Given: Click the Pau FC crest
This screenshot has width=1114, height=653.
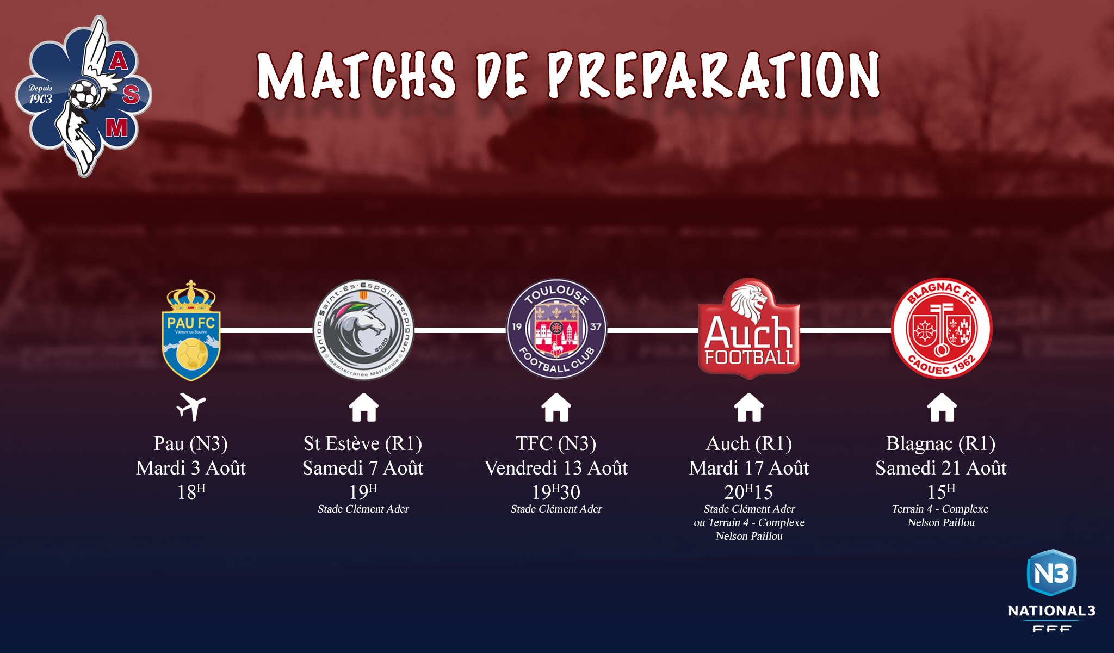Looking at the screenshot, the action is tap(191, 330).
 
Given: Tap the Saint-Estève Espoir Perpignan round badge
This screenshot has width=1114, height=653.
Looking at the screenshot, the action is tap(363, 330).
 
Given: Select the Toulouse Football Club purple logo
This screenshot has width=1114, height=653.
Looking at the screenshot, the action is tap(556, 329).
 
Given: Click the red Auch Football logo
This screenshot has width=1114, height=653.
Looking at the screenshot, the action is tap(749, 329).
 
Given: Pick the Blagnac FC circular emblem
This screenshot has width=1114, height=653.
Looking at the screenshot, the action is tap(942, 329).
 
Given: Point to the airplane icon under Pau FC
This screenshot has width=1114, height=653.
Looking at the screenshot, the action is tap(191, 407).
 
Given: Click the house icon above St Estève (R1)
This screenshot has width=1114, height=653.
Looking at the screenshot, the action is tap(363, 408).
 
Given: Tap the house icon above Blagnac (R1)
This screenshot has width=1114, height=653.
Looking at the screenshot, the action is tap(942, 408).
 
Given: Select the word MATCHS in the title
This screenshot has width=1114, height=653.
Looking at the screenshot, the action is tap(356, 76).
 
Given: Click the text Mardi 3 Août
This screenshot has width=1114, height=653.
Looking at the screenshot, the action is tap(191, 468).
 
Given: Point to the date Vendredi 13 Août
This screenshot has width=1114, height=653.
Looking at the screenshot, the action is tap(556, 468).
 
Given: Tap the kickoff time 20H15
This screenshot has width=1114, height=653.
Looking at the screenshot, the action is tap(748, 492).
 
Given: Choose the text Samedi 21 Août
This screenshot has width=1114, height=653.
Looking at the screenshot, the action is tap(941, 468).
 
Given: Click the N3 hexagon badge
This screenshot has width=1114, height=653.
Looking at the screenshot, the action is tap(1051, 572).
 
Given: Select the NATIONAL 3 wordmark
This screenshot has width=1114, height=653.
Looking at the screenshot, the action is tap(1051, 611).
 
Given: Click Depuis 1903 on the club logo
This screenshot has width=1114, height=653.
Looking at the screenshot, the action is tap(41, 94).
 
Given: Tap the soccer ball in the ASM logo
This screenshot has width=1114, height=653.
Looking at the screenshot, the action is tap(84, 94).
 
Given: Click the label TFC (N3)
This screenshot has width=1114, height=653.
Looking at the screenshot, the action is tap(556, 444).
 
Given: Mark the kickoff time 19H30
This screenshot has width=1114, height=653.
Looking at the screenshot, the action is tap(556, 492).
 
